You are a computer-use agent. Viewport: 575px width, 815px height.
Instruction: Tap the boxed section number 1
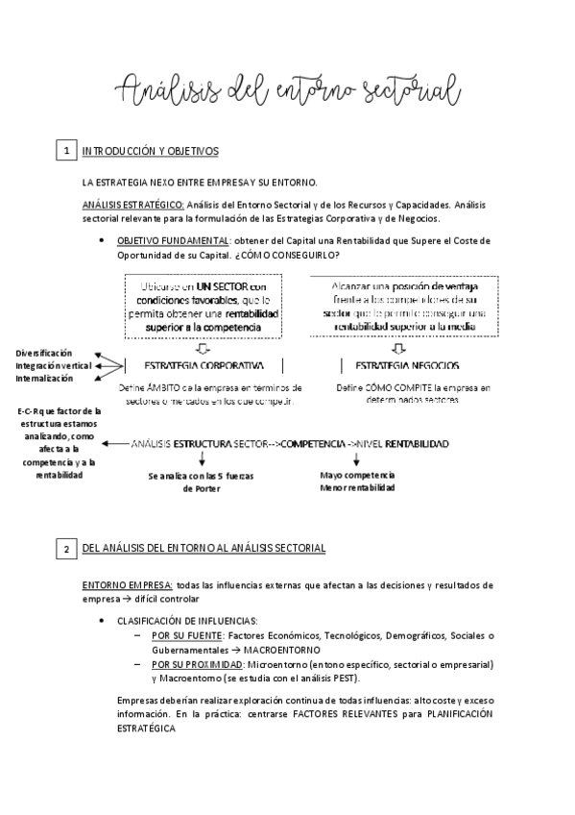(66, 152)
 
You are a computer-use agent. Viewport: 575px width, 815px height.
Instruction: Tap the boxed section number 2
(66, 549)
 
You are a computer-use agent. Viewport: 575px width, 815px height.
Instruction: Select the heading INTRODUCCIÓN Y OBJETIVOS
(151, 152)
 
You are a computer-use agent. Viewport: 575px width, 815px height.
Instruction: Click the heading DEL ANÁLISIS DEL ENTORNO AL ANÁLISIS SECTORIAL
(204, 548)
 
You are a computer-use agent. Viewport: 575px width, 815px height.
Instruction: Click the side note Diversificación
(43, 354)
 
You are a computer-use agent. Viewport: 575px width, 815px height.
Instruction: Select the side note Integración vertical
(54, 366)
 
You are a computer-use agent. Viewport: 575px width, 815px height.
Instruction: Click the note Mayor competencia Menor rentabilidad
(357, 482)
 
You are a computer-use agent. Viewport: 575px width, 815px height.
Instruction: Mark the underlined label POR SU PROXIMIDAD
(191, 664)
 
